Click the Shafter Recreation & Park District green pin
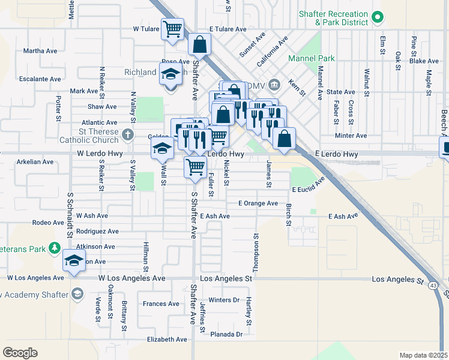click(378, 18)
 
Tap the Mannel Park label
click(312, 58)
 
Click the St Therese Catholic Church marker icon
click(127, 134)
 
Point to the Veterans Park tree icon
click(55, 247)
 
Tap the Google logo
click(20, 352)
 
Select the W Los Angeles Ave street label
click(35, 278)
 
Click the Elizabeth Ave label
click(167, 339)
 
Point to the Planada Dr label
click(226, 334)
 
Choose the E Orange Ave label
click(258, 203)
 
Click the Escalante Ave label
click(40, 79)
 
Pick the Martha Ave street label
click(40, 50)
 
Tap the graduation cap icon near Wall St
click(161, 148)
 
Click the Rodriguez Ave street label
click(97, 231)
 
